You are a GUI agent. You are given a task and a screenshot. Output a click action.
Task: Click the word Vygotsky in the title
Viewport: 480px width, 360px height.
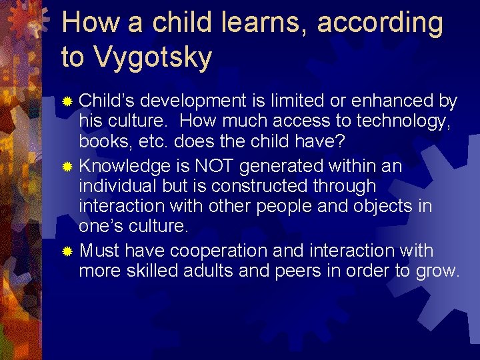tap(153, 57)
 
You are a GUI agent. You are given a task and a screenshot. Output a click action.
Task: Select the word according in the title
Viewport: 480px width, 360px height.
tap(380, 23)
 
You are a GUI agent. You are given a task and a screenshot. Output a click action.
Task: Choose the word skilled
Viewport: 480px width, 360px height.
tap(149, 271)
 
